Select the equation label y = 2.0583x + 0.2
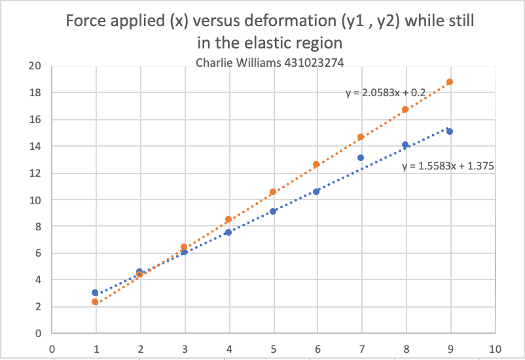pos(386,94)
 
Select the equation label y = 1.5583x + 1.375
pos(448,166)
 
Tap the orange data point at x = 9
pos(450,82)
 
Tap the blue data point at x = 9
pos(450,132)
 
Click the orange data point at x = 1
pos(95,302)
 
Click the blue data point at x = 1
pos(95,293)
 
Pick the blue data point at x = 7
pos(361,158)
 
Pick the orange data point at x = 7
pos(361,137)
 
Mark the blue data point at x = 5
pos(272,211)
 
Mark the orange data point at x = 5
pos(272,192)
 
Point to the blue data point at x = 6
pos(317,192)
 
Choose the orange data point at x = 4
pos(228,219)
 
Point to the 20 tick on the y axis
pos(35,65)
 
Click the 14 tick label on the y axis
pos(35,146)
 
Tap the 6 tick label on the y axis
pos(37,253)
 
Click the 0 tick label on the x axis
pos(51,348)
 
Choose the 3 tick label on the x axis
pos(184,348)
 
